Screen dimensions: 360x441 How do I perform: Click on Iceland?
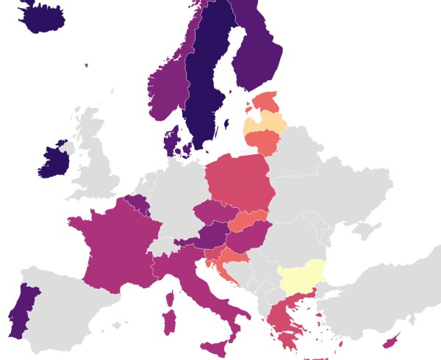[x=40, y=18]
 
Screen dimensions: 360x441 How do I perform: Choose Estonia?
[x=265, y=101]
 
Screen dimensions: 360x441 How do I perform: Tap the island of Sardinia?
[x=168, y=322]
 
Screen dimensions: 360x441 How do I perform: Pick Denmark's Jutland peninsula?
[x=172, y=140]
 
